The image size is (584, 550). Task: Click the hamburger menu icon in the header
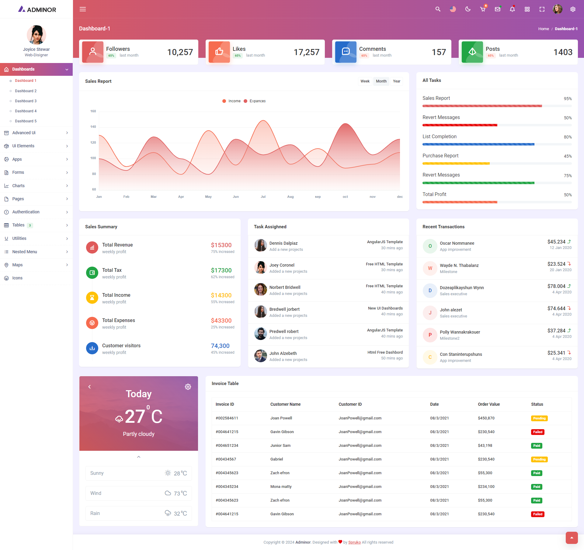83,9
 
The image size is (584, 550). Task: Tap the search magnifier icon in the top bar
438,9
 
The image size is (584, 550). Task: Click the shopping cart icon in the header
483,9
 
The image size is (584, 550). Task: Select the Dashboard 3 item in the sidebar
26,101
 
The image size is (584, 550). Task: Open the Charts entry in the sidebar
18,186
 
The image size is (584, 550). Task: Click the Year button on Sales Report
396,81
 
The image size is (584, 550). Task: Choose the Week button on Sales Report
365,81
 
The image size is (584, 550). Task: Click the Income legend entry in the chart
234,101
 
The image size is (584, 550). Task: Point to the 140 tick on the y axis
93,127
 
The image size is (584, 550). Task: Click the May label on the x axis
208,197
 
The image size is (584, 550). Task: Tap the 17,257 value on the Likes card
306,52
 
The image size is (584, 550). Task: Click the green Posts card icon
472,52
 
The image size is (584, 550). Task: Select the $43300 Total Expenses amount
221,321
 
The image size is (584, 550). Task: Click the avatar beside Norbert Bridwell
260,289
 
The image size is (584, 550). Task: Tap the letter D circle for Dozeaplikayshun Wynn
430,290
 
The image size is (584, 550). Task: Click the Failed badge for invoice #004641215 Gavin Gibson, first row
537,432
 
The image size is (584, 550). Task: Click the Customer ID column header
350,404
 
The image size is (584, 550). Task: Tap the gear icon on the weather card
188,387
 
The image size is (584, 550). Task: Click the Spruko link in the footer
354,542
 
